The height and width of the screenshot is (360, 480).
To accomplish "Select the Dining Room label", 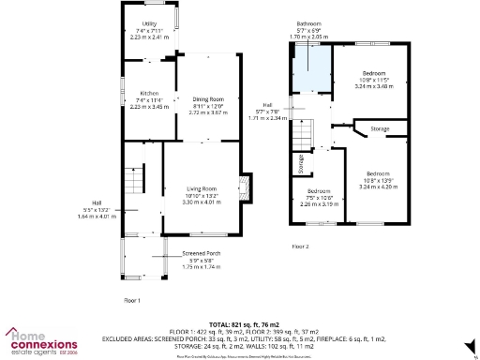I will pyautogui.click(x=209, y=105).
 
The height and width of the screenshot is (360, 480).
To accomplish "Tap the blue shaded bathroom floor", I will pyautogui.click(x=311, y=71).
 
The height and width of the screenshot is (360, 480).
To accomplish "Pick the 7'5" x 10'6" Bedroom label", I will pyautogui.click(x=321, y=197).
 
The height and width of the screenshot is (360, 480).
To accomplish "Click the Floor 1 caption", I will pyautogui.click(x=133, y=300).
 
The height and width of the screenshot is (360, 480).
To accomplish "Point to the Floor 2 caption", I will pyautogui.click(x=300, y=246).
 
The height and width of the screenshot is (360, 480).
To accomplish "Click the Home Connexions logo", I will pyautogui.click(x=41, y=341).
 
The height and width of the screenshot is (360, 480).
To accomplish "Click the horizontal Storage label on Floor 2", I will pyautogui.click(x=380, y=127).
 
